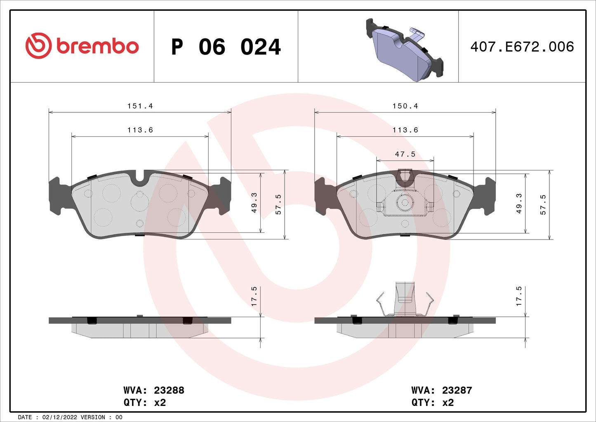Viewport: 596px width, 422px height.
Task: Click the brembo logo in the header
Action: coord(82,46)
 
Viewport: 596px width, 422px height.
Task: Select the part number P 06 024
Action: coord(226,47)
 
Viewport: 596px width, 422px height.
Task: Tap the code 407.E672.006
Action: coord(522,47)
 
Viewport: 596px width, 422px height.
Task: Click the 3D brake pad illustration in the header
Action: coord(404,50)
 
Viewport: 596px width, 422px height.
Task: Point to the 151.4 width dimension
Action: coord(140,106)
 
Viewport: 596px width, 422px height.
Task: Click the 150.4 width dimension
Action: coord(405,106)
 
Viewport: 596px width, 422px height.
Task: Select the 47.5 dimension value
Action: coord(405,154)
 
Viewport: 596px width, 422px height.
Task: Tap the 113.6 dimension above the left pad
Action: coord(140,130)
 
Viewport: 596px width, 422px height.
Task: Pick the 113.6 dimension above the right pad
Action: coord(405,130)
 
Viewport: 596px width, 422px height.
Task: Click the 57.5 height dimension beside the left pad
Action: coord(278,204)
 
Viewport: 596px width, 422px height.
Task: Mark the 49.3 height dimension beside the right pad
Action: coord(519,203)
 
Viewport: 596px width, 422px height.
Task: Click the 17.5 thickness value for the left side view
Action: coord(254,296)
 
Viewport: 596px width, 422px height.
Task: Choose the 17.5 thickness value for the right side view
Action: coord(519,296)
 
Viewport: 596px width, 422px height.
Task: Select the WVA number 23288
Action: coord(169,390)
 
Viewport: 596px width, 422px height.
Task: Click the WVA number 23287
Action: coord(457,390)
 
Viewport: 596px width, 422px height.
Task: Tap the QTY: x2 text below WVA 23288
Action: coord(144,403)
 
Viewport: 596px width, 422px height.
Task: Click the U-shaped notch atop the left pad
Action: coord(140,177)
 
